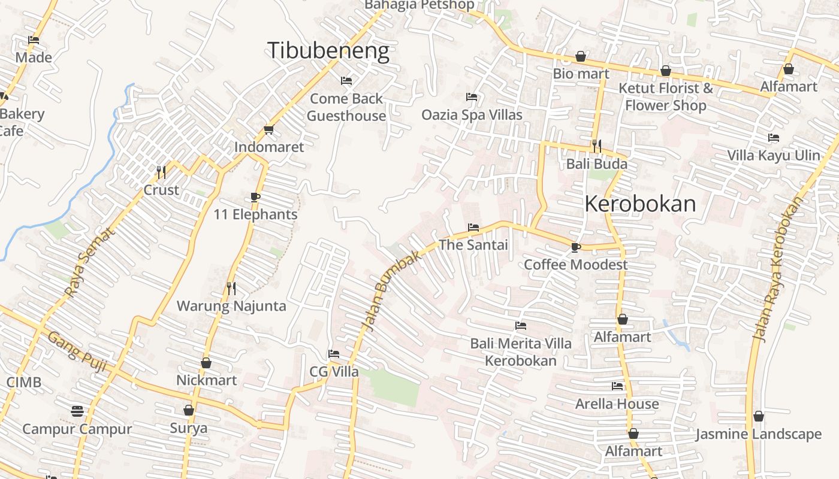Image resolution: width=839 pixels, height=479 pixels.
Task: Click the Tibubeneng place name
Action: click(328, 51)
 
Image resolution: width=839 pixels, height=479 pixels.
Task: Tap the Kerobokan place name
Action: click(639, 204)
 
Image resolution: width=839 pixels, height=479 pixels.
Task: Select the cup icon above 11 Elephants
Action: click(255, 197)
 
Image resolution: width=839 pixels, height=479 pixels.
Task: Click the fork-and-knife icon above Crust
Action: click(161, 172)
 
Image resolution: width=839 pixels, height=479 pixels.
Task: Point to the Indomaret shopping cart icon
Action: click(268, 130)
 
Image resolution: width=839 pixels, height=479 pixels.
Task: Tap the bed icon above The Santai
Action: click(473, 228)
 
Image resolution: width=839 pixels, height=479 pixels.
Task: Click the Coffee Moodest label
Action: click(575, 265)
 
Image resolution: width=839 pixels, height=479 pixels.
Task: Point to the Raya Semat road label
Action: click(89, 263)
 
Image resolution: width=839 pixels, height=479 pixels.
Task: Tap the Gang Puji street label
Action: click(77, 351)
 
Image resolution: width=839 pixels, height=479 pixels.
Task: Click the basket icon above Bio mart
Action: click(580, 57)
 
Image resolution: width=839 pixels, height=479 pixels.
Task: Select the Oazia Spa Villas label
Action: click(472, 114)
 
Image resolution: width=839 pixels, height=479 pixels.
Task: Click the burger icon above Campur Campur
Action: click(77, 411)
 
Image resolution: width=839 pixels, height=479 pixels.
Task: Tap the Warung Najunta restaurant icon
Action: click(231, 289)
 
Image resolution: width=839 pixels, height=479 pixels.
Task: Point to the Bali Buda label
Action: click(597, 163)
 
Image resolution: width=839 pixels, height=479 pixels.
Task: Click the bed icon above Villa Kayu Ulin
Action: click(773, 138)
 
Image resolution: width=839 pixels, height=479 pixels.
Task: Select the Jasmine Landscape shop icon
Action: click(758, 416)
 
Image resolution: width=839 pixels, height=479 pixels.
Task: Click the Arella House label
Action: click(617, 404)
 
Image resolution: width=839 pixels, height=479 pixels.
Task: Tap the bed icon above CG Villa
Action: click(334, 354)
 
